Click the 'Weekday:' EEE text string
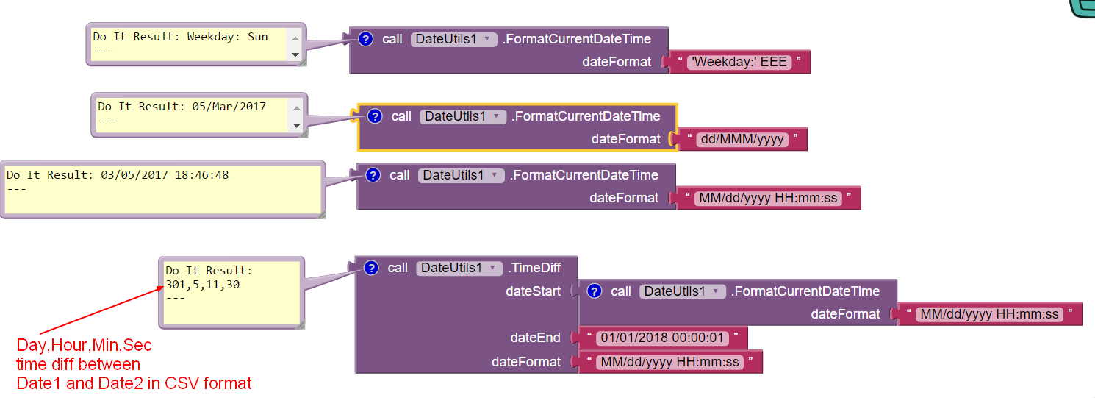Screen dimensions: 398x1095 point(739,62)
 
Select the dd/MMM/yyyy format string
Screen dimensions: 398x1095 point(742,139)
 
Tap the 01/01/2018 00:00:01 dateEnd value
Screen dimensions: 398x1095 point(663,338)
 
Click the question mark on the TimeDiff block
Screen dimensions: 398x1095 point(371,268)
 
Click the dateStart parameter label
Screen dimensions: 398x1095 point(533,291)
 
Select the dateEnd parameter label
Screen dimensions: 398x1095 point(535,338)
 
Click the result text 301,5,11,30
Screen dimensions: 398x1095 point(202,284)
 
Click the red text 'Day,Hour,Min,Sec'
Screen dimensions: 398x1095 point(84,345)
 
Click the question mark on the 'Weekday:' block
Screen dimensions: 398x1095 point(365,39)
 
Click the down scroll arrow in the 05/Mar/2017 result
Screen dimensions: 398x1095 point(296,125)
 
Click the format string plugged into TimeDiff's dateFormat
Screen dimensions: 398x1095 point(669,362)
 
